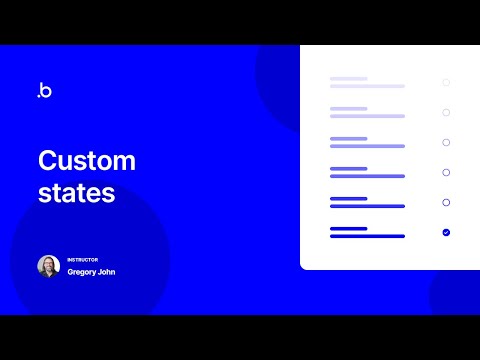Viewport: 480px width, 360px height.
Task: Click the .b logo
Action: [44, 91]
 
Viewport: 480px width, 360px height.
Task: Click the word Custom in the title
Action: [86, 160]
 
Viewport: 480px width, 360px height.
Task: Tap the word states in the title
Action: [76, 193]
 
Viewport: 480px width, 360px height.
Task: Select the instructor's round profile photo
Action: [49, 266]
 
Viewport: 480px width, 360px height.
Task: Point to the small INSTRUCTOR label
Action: [83, 260]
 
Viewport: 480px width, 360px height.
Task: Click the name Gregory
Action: [83, 272]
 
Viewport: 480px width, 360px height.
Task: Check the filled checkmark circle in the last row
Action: [446, 232]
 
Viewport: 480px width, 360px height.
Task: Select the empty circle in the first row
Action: [446, 82]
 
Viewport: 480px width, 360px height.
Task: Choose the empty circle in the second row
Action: [446, 112]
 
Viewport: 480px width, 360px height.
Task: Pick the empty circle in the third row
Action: [446, 142]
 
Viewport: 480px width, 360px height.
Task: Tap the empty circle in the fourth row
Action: [446, 172]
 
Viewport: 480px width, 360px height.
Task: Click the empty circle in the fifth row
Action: [446, 202]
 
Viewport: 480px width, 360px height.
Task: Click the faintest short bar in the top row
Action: [348, 78]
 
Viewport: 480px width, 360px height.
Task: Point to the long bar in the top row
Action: [367, 86]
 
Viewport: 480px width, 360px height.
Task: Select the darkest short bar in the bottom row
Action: [348, 228]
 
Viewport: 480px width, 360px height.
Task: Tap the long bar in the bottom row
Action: [367, 236]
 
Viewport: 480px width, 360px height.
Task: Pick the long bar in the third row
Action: [367, 146]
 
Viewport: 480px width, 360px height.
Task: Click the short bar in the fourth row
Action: [348, 168]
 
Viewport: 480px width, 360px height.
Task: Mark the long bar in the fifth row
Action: [367, 206]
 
